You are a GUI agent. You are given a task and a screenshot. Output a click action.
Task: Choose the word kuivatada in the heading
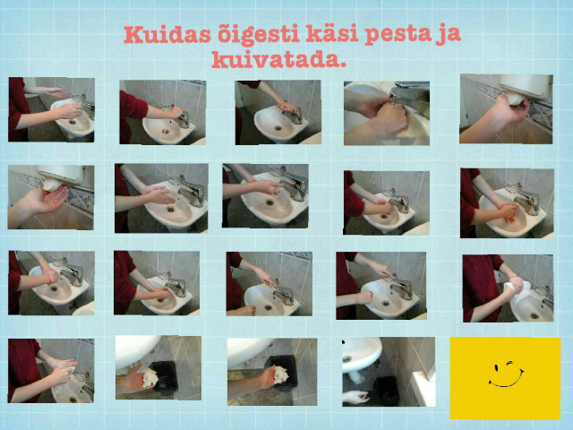278,62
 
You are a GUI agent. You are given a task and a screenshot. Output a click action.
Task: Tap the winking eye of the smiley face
513,365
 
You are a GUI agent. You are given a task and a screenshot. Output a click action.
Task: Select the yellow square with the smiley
504,378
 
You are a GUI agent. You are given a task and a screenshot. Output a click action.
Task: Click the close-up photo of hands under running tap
386,113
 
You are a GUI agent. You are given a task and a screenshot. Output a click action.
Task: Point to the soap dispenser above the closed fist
525,86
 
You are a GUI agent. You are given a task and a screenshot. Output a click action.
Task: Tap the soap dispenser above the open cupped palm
61,174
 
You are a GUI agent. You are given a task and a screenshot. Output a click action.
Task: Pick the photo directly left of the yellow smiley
388,371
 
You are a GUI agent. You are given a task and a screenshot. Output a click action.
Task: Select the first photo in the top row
51,109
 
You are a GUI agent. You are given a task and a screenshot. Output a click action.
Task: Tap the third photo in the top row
278,112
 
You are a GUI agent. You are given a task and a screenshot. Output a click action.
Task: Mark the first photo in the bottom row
51,371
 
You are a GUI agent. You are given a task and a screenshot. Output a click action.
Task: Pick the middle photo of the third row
269,284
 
